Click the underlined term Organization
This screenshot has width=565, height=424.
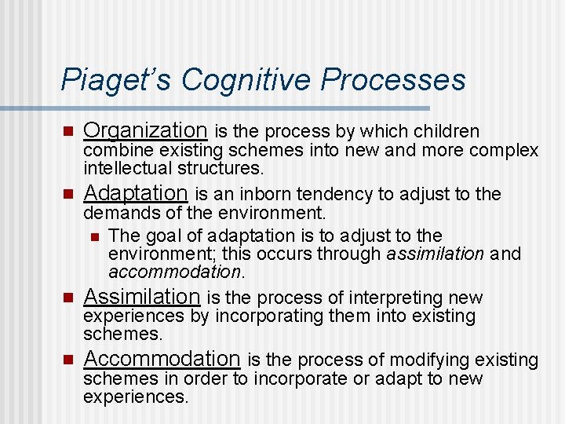145,130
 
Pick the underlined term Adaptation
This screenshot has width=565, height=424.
135,192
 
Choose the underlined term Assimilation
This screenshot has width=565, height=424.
142,296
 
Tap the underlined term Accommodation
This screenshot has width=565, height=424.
162,359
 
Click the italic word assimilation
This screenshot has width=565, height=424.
436,254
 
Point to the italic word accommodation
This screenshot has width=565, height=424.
175,272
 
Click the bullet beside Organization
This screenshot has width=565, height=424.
67,131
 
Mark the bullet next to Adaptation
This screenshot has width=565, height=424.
67,194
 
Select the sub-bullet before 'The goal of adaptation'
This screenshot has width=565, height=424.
94,236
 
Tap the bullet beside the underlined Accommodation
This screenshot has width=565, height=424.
67,360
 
